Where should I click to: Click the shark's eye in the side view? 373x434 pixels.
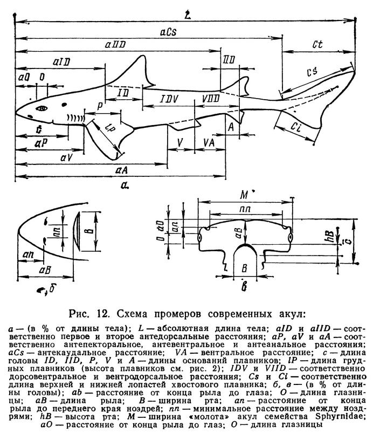point(42,108)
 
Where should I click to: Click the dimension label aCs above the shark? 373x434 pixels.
point(168,32)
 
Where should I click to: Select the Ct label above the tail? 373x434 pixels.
point(317,44)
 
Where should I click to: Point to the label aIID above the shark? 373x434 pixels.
point(115,45)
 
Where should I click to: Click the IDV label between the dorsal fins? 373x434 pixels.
point(169,99)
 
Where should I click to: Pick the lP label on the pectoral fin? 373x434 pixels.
point(109,128)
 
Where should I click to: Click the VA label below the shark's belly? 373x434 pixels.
point(209,143)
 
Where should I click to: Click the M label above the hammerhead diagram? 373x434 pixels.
point(244,195)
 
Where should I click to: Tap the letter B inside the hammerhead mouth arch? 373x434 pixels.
point(244,268)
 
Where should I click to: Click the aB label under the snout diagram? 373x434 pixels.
point(45,270)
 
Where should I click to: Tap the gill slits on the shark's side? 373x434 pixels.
point(75,119)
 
